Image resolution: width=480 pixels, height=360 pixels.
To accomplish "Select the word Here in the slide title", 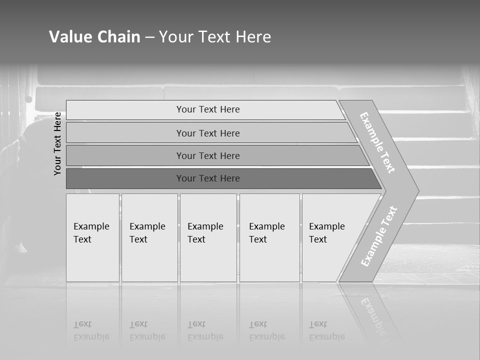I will coord(253,37).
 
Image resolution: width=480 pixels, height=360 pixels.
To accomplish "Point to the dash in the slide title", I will coord(149,37).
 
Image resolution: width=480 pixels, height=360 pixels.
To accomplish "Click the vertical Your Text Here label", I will coord(57,143).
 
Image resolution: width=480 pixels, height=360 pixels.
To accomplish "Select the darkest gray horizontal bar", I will coord(208,178).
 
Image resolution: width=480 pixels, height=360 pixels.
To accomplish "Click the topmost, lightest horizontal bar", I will coord(208,109).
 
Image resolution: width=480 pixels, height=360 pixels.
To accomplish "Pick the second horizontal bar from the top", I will coord(208,133).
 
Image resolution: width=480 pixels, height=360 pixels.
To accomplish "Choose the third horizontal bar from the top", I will coord(208,155).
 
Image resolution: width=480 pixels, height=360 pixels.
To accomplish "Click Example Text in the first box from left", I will coord(91,233).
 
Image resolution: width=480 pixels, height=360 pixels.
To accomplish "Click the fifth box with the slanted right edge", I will coord(327,233).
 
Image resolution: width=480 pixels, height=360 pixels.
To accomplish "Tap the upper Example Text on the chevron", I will coord(377,142).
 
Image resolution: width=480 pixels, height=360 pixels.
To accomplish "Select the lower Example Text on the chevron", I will coord(378,236).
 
